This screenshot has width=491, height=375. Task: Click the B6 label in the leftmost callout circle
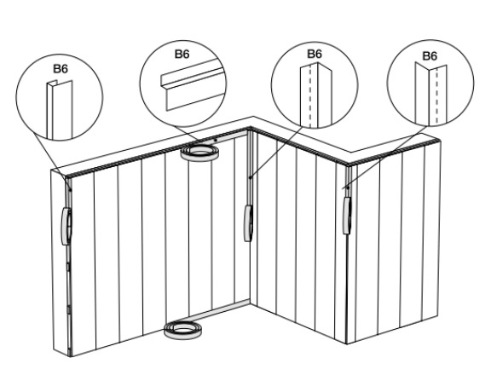click(61, 69)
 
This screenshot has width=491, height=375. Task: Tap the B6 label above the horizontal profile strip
click(182, 55)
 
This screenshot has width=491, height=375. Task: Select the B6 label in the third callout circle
click(315, 54)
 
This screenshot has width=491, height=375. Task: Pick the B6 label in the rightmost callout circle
click(430, 56)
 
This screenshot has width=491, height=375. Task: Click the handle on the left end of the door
click(66, 226)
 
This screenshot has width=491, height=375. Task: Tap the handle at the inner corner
click(248, 223)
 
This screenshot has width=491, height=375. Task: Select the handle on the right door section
click(347, 216)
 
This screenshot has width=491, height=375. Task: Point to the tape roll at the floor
click(183, 330)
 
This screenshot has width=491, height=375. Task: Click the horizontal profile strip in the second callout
click(194, 84)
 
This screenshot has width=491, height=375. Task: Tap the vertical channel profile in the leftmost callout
click(60, 110)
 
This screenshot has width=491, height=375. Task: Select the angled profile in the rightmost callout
click(430, 94)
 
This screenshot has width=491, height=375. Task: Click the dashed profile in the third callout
click(315, 95)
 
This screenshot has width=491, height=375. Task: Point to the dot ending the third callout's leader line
click(250, 177)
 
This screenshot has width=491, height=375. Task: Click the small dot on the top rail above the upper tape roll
click(216, 140)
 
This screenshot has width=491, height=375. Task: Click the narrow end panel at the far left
click(60, 263)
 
